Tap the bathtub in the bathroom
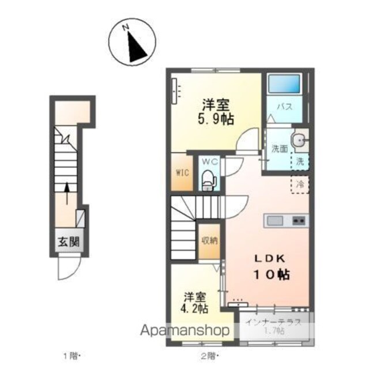click(x=284, y=84)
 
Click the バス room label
click(x=284, y=107)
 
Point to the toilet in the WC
click(x=209, y=179)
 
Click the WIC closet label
click(x=182, y=173)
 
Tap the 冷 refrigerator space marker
click(x=300, y=185)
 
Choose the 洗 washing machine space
click(x=300, y=161)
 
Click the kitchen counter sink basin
click(x=274, y=221)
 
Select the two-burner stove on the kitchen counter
click(x=299, y=221)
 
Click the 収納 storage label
click(x=209, y=240)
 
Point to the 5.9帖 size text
click(x=216, y=119)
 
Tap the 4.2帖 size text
click(x=194, y=308)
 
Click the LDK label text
click(x=270, y=259)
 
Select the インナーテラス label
click(x=273, y=322)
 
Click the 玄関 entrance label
click(x=69, y=242)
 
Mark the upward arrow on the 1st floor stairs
click(x=67, y=194)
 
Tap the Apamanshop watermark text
click(x=185, y=330)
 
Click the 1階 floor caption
click(x=71, y=356)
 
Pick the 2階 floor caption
click(x=209, y=356)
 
